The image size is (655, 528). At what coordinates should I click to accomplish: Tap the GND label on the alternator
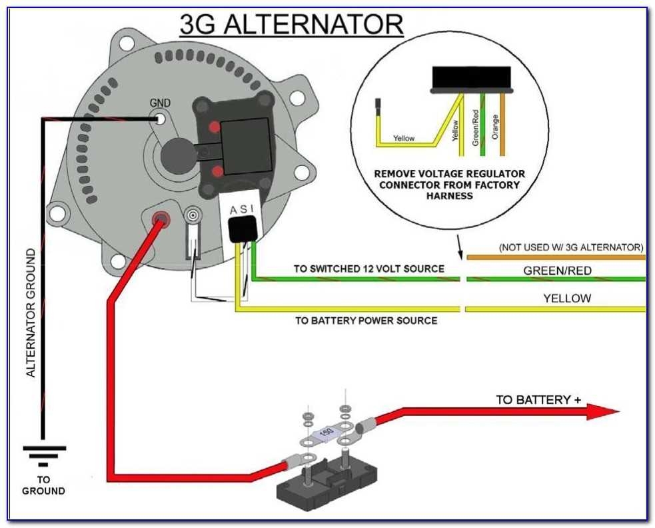click(160, 103)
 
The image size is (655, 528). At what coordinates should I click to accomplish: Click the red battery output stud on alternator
click(160, 218)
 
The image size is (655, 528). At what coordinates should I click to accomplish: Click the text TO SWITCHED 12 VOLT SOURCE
click(369, 269)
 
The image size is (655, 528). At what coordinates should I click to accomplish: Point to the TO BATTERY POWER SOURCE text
click(366, 321)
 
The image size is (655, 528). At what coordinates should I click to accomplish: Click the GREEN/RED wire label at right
click(556, 271)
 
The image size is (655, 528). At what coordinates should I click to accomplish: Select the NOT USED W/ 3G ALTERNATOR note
click(570, 247)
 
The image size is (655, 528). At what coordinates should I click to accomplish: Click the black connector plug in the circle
click(472, 79)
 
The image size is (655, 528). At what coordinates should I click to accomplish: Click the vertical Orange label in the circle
click(494, 127)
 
